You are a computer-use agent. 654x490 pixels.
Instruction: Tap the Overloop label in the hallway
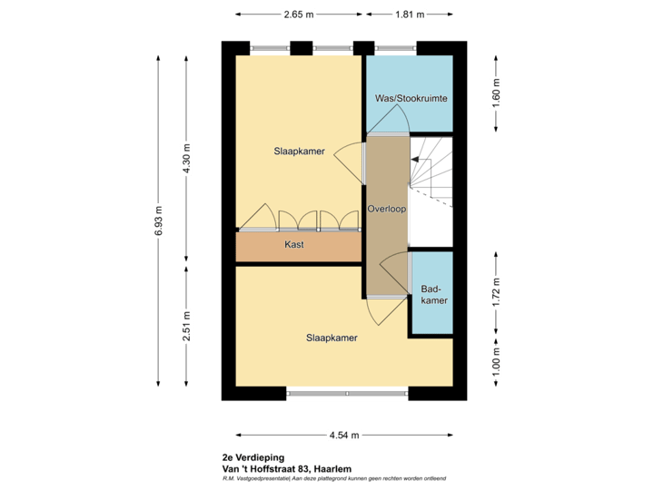click(x=387, y=209)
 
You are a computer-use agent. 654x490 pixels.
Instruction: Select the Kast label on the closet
click(x=293, y=245)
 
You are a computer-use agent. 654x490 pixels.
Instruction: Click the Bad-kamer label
click(x=433, y=295)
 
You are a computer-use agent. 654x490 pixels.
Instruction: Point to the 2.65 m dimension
click(x=299, y=15)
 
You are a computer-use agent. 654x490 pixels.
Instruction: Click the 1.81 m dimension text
click(x=409, y=15)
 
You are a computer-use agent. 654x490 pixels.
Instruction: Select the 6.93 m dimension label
click(x=159, y=220)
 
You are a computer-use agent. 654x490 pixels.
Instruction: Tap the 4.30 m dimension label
click(x=187, y=160)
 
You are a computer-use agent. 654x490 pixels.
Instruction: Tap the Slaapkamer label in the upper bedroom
click(x=299, y=152)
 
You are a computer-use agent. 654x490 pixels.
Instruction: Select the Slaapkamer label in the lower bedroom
click(x=331, y=338)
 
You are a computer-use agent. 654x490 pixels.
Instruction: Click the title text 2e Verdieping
click(x=253, y=457)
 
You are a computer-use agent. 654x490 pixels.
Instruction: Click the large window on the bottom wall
click(x=346, y=394)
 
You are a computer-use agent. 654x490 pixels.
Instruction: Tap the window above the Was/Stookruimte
click(x=395, y=47)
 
